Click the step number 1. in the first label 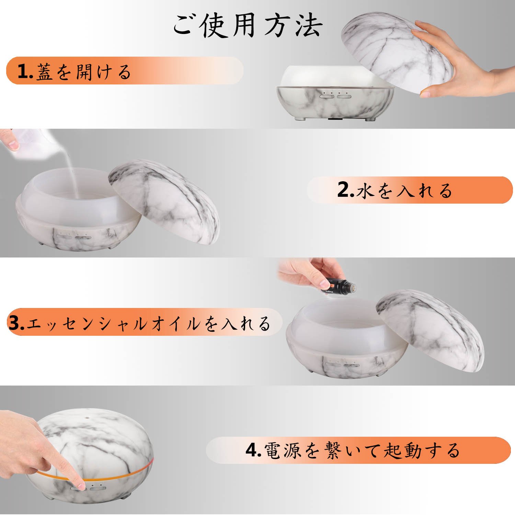25,72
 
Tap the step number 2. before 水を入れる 346,190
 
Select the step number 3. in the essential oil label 16,323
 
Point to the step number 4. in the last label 254,449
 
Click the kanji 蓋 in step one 45,72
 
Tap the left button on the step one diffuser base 327,96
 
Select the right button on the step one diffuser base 344,96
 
